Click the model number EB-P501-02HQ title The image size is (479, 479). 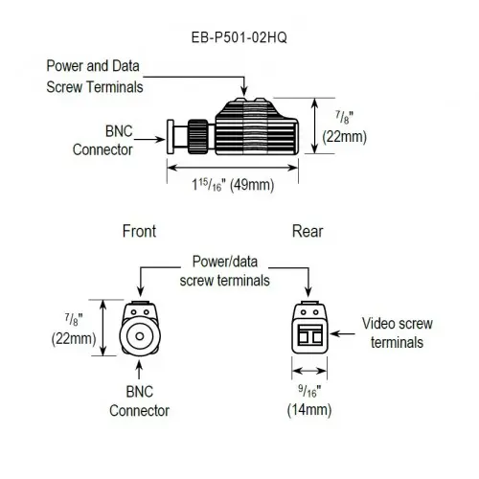point(239,37)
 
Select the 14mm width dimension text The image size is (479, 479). point(309,410)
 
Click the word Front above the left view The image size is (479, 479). point(139,231)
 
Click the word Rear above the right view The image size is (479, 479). point(308,231)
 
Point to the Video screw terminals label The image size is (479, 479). point(397,332)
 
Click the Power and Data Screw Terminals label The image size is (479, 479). point(95,77)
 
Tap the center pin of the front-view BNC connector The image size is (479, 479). point(140,336)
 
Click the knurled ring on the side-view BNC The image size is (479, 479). point(194,136)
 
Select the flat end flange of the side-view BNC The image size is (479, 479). point(171,137)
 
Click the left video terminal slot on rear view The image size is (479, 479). point(303,337)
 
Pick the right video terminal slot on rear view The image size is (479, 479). point(317,337)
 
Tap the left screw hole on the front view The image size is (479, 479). point(133,312)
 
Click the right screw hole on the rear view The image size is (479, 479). point(315,312)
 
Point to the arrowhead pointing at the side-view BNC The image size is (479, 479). point(160,139)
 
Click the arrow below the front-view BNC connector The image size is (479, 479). point(139,370)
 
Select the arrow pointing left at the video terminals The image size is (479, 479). point(342,334)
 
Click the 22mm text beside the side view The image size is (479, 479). point(344,137)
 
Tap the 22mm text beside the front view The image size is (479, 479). point(74,339)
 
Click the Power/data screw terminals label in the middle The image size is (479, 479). point(225,271)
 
